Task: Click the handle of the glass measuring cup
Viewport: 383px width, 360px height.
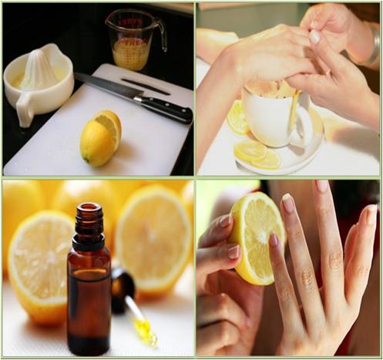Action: pyautogui.click(x=160, y=34)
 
